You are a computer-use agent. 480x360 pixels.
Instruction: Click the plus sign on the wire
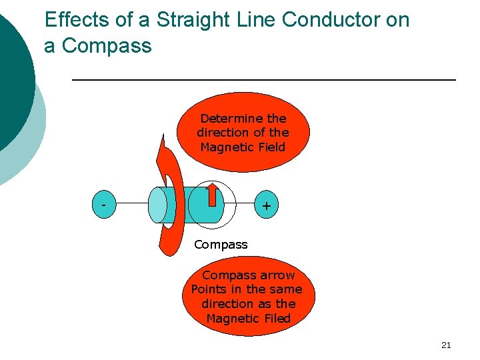[266, 206]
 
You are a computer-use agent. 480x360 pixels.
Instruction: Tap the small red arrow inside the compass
[213, 195]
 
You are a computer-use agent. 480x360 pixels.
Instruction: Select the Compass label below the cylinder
[221, 245]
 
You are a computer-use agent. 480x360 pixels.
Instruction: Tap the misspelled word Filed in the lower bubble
[275, 319]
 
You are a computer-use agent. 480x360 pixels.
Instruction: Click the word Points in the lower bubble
[209, 289]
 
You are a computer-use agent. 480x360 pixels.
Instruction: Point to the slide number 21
[446, 345]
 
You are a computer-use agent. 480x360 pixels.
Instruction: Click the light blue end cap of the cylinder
[158, 205]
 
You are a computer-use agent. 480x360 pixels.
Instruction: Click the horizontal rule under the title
[263, 80]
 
